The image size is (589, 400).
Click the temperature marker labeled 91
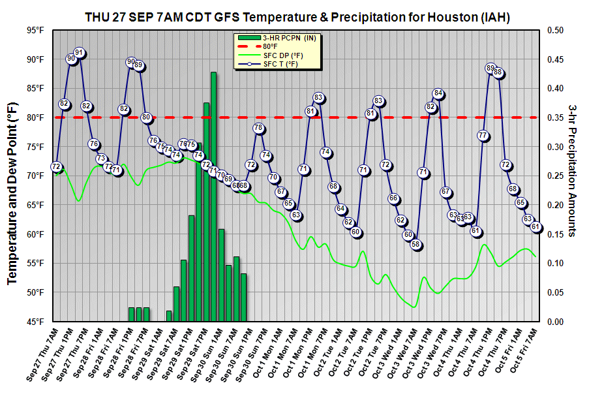(x=79, y=53)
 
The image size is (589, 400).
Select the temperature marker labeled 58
(x=416, y=245)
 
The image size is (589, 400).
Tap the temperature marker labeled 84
(x=438, y=93)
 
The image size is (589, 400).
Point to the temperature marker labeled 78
(x=258, y=128)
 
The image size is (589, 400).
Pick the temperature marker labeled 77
(x=483, y=136)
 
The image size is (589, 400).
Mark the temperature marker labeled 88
(x=498, y=72)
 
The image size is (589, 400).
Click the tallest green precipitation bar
(x=213, y=196)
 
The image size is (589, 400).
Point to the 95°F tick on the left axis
(x=35, y=30)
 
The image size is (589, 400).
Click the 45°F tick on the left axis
(x=35, y=322)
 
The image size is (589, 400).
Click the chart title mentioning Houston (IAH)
(x=297, y=16)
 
